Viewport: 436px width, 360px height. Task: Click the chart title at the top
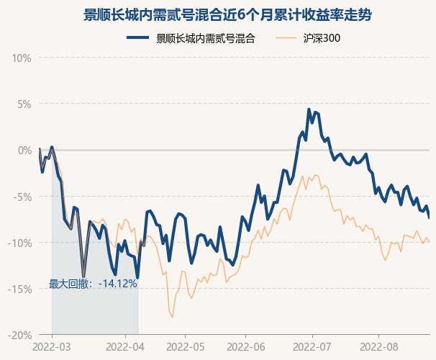pyautogui.click(x=218, y=14)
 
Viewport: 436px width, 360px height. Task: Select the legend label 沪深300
pyautogui.click(x=322, y=38)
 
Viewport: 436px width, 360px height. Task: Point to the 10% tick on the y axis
pyautogui.click(x=22, y=58)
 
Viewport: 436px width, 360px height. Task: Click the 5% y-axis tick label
pyautogui.click(x=24, y=104)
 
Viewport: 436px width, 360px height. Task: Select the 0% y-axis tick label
pyautogui.click(x=24, y=150)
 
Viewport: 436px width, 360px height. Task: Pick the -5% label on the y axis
pyautogui.click(x=23, y=197)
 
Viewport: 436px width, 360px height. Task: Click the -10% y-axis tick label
pyautogui.click(x=21, y=243)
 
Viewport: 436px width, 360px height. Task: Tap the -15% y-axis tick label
pyautogui.click(x=21, y=289)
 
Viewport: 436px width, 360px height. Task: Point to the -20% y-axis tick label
pyautogui.click(x=21, y=335)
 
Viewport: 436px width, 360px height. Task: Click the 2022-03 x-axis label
pyautogui.click(x=53, y=346)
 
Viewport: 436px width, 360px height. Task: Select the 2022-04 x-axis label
pyautogui.click(x=126, y=346)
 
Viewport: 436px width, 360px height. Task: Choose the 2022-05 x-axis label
pyautogui.click(x=185, y=346)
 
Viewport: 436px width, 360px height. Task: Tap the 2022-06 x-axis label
pyautogui.click(x=245, y=346)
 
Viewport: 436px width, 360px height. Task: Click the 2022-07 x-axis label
pyautogui.click(x=312, y=346)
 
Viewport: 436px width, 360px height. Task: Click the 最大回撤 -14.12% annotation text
pyautogui.click(x=93, y=284)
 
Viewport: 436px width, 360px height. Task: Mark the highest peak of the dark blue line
pyautogui.click(x=309, y=110)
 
